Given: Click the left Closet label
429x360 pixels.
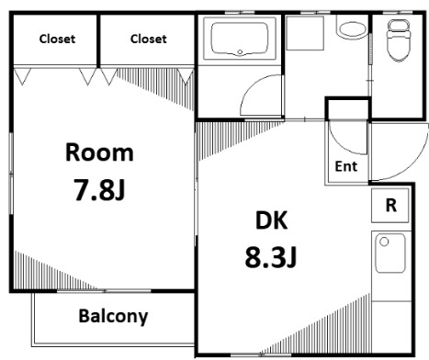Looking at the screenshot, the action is click(x=57, y=39).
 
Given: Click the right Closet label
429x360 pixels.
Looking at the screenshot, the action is click(x=149, y=39).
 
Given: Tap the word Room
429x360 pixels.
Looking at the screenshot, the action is click(x=99, y=152).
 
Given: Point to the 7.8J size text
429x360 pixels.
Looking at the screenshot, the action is click(x=99, y=189).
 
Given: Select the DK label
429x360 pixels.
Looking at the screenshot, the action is click(x=271, y=220).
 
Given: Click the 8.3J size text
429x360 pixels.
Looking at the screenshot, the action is click(x=271, y=257).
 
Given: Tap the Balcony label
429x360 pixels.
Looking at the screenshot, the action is click(x=113, y=316).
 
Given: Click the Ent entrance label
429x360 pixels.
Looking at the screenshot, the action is click(x=346, y=166).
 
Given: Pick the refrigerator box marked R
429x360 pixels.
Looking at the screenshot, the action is click(x=389, y=206).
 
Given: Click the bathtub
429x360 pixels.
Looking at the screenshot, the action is click(x=240, y=39).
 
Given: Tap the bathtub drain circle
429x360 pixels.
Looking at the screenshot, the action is click(x=240, y=52).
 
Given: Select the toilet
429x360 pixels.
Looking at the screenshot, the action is click(x=398, y=39).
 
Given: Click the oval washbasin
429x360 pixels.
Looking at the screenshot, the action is click(x=353, y=29).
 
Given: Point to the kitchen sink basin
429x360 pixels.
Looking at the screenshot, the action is click(x=390, y=253).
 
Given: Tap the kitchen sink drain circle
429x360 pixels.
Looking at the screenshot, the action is click(x=384, y=242).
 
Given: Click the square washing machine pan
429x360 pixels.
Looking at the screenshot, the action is click(x=305, y=33).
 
